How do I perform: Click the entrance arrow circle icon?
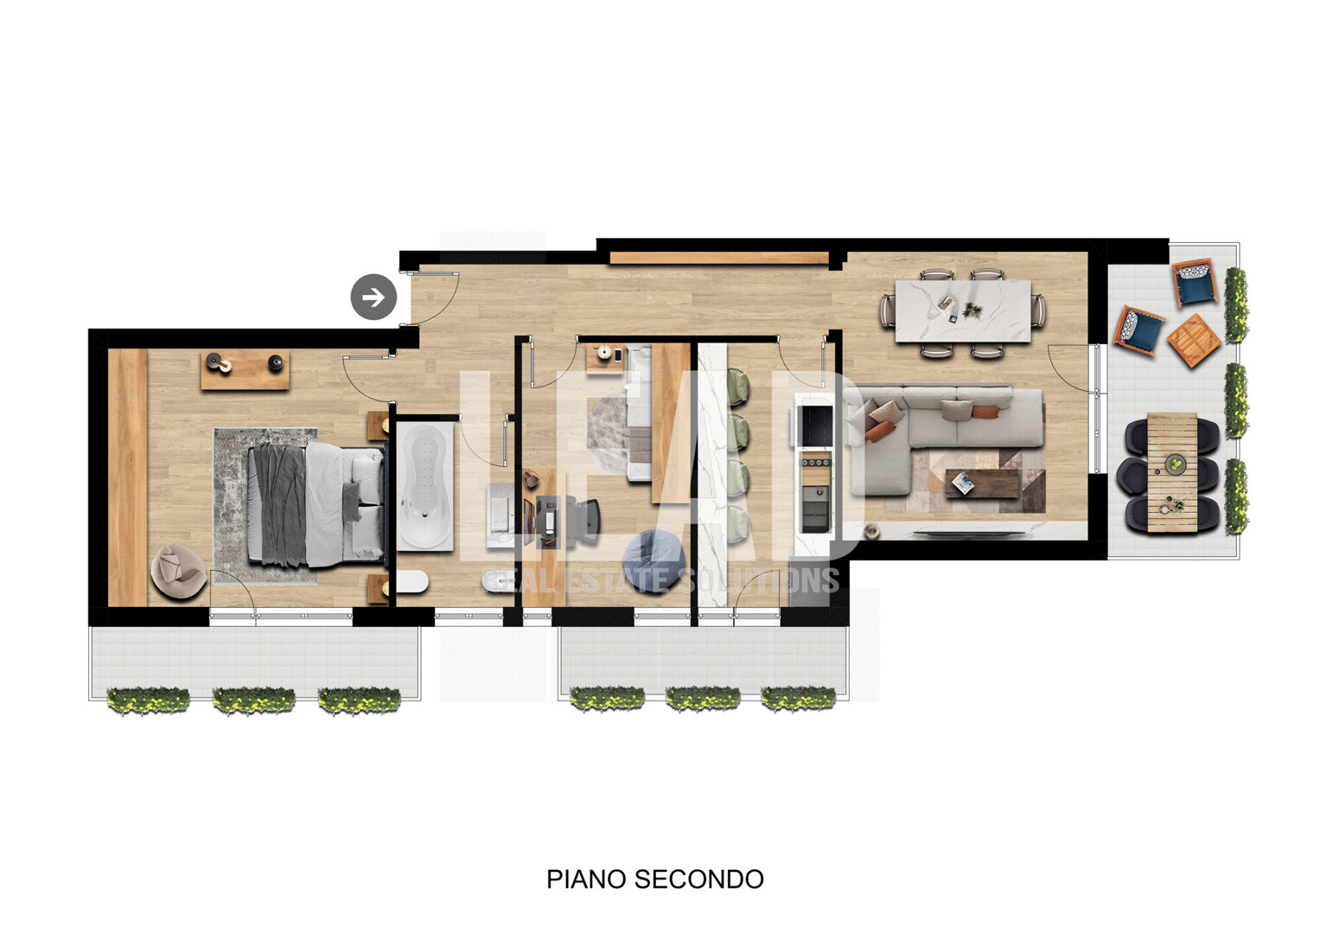click(x=373, y=297)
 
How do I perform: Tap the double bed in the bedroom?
click(x=316, y=504)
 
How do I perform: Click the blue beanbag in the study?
click(x=654, y=560)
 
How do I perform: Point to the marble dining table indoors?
click(x=963, y=310)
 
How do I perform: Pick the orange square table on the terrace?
click(x=1193, y=340)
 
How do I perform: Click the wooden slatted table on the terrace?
click(x=1172, y=473)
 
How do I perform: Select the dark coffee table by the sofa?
click(x=982, y=483)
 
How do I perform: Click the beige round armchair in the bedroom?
click(x=178, y=572)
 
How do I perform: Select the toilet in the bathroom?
click(x=411, y=581)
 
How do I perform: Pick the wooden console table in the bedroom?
click(x=246, y=369)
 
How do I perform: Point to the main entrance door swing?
click(x=434, y=298)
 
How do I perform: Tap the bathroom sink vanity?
click(x=500, y=516)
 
